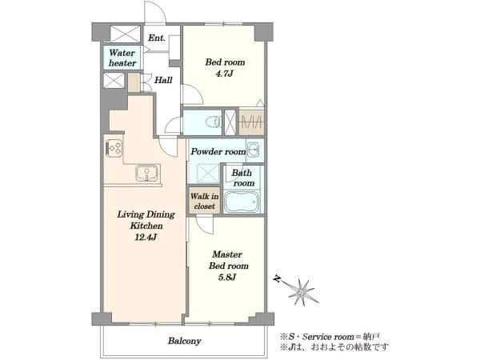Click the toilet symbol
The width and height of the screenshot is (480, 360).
(214, 122)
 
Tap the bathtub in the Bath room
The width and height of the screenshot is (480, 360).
(242, 202)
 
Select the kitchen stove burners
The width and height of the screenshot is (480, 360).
(114, 148)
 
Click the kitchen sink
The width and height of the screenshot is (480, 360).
(147, 174)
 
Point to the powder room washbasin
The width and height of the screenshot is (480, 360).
(253, 150)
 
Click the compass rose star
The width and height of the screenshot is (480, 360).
(302, 291)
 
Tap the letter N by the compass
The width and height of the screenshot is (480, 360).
(278, 279)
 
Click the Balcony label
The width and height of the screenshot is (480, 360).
(184, 341)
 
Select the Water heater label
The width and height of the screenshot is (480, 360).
(122, 58)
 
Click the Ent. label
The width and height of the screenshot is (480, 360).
(157, 38)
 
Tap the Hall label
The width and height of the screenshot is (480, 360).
(163, 80)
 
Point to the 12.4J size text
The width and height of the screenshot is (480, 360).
(146, 237)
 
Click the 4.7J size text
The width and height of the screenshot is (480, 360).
(225, 74)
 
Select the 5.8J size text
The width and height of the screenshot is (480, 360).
(227, 278)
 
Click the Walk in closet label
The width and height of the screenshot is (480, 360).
(204, 201)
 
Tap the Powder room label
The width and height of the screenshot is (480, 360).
(218, 151)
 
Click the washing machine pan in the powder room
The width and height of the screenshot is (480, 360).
(207, 174)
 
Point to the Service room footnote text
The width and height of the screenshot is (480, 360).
(330, 337)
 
